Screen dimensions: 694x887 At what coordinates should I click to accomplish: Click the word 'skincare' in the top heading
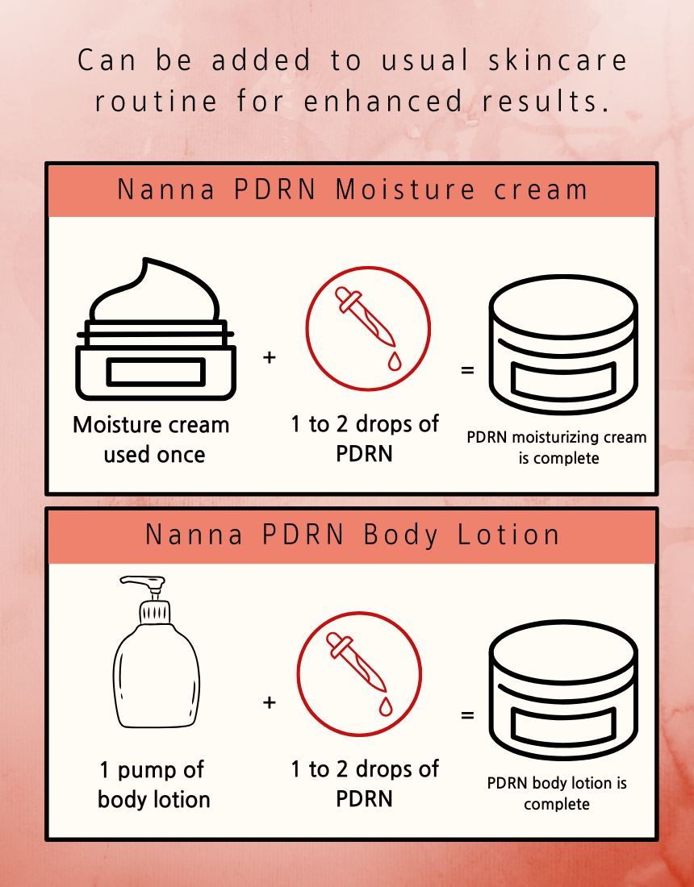pyautogui.click(x=558, y=60)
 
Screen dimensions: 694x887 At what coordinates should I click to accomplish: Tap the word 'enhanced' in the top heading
pyautogui.click(x=383, y=102)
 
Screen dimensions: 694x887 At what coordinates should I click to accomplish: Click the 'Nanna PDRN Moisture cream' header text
pyautogui.click(x=352, y=189)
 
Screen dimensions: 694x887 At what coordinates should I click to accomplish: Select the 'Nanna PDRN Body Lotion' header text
pyautogui.click(x=352, y=535)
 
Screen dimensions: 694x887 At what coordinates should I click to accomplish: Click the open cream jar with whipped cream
pyautogui.click(x=156, y=329)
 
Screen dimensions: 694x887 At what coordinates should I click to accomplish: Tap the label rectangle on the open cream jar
pyautogui.click(x=156, y=372)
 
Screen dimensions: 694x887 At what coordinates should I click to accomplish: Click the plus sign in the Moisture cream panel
pyautogui.click(x=270, y=357)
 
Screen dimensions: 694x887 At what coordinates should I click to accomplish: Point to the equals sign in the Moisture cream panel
pyautogui.click(x=467, y=371)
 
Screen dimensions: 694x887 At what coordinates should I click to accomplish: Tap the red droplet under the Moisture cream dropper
pyautogui.click(x=394, y=360)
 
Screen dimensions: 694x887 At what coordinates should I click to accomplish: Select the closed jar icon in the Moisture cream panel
pyautogui.click(x=563, y=344)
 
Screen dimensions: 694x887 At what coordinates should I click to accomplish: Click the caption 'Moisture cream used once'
pyautogui.click(x=152, y=439)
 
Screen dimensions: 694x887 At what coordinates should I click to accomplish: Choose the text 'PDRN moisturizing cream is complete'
pyautogui.click(x=557, y=448)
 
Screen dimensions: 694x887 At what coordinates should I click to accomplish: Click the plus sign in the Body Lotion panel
pyautogui.click(x=270, y=702)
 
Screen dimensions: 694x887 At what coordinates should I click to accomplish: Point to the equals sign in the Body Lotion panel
pyautogui.click(x=467, y=715)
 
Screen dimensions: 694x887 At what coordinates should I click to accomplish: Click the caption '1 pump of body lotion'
pyautogui.click(x=153, y=785)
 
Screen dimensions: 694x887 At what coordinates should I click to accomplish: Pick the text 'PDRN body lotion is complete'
pyautogui.click(x=557, y=793)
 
